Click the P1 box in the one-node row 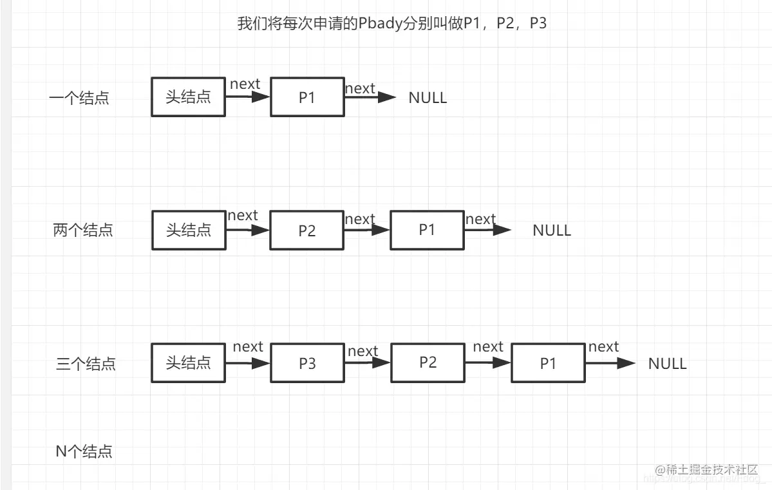pyautogui.click(x=307, y=97)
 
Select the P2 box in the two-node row pyautogui.click(x=307, y=230)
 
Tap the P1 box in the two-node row pyautogui.click(x=427, y=229)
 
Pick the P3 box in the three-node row pyautogui.click(x=307, y=363)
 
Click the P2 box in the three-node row pyautogui.click(x=428, y=362)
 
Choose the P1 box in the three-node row pyautogui.click(x=548, y=363)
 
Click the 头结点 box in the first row pyautogui.click(x=188, y=97)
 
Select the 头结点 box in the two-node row pyautogui.click(x=189, y=230)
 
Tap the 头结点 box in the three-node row pyautogui.click(x=188, y=363)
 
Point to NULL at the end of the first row pyautogui.click(x=428, y=98)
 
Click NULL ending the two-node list pyautogui.click(x=552, y=231)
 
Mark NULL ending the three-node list pyautogui.click(x=667, y=363)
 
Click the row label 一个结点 pyautogui.click(x=79, y=99)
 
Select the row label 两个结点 pyautogui.click(x=83, y=230)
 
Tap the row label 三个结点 pyautogui.click(x=86, y=364)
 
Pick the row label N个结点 pyautogui.click(x=84, y=451)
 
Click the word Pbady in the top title pyautogui.click(x=381, y=24)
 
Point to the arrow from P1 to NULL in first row pyautogui.click(x=370, y=97)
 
